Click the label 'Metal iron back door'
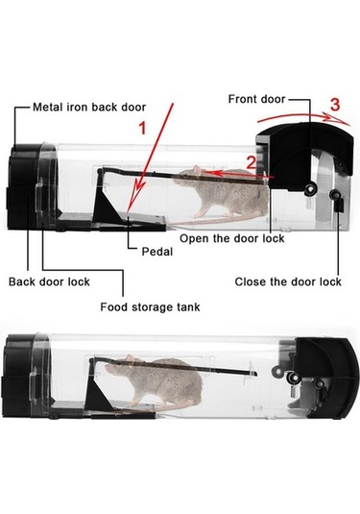[89, 108]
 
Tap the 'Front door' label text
[256, 99]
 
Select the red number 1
[142, 128]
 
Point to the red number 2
[251, 162]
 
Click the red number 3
[335, 105]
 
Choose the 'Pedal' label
[156, 252]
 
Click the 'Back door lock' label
[49, 281]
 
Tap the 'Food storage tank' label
[150, 307]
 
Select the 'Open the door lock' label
[232, 238]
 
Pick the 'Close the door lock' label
[288, 281]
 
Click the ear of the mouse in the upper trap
[197, 170]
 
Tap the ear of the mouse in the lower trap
[131, 359]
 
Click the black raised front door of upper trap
[304, 154]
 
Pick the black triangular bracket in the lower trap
[99, 394]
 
